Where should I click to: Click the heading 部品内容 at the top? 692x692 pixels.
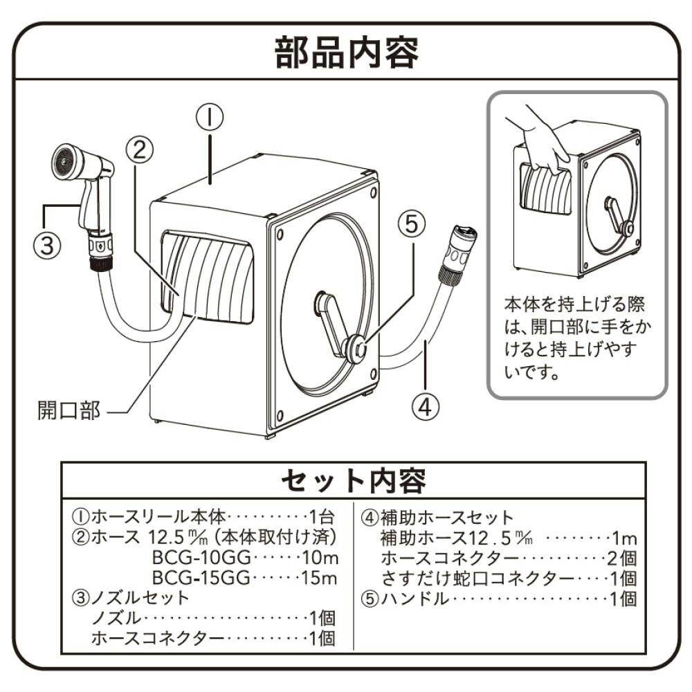(x=346, y=53)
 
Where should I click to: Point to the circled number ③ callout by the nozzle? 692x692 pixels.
(x=46, y=245)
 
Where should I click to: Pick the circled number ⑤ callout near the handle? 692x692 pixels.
(x=409, y=225)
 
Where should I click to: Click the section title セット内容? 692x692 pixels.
(x=353, y=479)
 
